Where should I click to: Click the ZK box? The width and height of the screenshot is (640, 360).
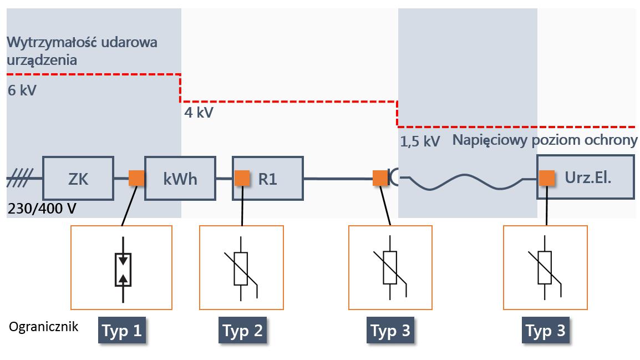coord(78,179)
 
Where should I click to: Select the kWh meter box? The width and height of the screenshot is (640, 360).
coord(180,179)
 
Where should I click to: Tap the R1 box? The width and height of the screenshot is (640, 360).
coord(268,179)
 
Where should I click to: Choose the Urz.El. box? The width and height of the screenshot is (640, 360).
coord(585,177)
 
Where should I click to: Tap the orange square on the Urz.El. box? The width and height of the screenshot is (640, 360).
coord(547,178)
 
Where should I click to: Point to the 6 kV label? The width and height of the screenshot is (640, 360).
coord(22,90)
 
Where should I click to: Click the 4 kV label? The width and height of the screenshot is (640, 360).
coord(199,113)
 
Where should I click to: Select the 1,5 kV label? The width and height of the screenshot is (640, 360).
coord(420,141)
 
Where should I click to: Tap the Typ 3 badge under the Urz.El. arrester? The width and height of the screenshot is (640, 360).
coord(546,331)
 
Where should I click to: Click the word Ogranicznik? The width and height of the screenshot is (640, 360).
coord(44,326)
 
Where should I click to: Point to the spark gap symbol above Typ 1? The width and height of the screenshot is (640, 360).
coord(123,270)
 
